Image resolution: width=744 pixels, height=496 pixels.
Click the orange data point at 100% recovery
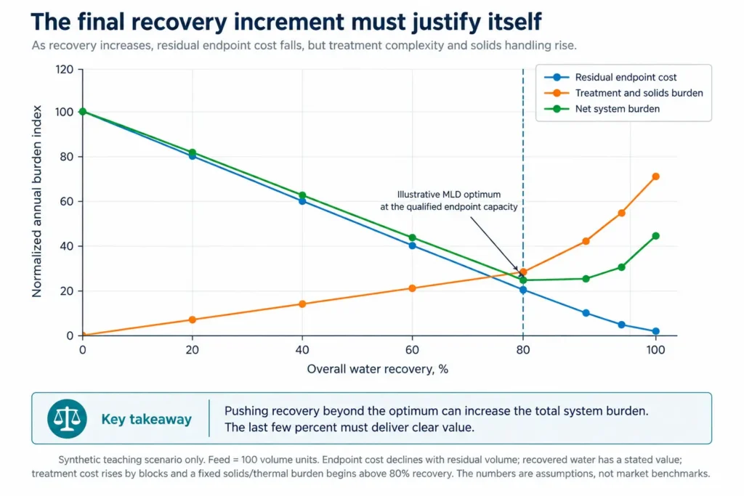[x=656, y=176]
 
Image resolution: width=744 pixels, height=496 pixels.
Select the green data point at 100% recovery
[x=656, y=236]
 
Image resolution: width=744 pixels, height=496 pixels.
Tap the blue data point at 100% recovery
[x=656, y=331]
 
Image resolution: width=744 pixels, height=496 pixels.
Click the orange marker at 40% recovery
[x=302, y=304]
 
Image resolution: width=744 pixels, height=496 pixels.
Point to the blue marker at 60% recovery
[x=413, y=245]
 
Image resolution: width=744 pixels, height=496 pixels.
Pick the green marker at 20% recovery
[x=192, y=153]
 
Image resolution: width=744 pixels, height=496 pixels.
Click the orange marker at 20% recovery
[x=192, y=320]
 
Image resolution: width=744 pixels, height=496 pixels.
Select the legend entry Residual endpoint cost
[x=610, y=77]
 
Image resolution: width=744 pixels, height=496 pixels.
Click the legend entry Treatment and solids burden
[x=623, y=93]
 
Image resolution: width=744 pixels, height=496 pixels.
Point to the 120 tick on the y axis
[x=65, y=70]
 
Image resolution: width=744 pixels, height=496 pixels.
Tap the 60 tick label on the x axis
[x=413, y=350]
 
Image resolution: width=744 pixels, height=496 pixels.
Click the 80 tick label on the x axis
[x=523, y=350]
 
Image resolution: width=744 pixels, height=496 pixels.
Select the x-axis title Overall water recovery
[x=377, y=369]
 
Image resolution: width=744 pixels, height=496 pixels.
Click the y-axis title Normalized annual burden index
[x=37, y=201]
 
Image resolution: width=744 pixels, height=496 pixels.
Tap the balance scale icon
[x=67, y=419]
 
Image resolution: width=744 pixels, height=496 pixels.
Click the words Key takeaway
[x=146, y=419]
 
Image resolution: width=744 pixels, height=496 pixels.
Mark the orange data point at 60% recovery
[x=413, y=288]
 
